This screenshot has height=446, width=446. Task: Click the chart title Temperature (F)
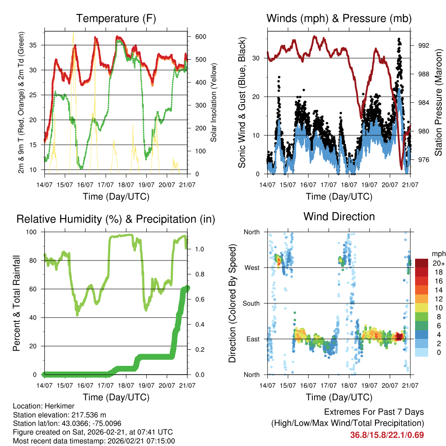point(116,18)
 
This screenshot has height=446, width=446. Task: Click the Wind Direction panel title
point(339,216)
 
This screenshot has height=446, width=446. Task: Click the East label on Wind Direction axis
point(252,339)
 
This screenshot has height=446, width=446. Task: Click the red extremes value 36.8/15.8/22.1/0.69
point(387,435)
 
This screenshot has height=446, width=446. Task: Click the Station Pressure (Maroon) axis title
point(439,103)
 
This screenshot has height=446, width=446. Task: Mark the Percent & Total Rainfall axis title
point(17,303)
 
